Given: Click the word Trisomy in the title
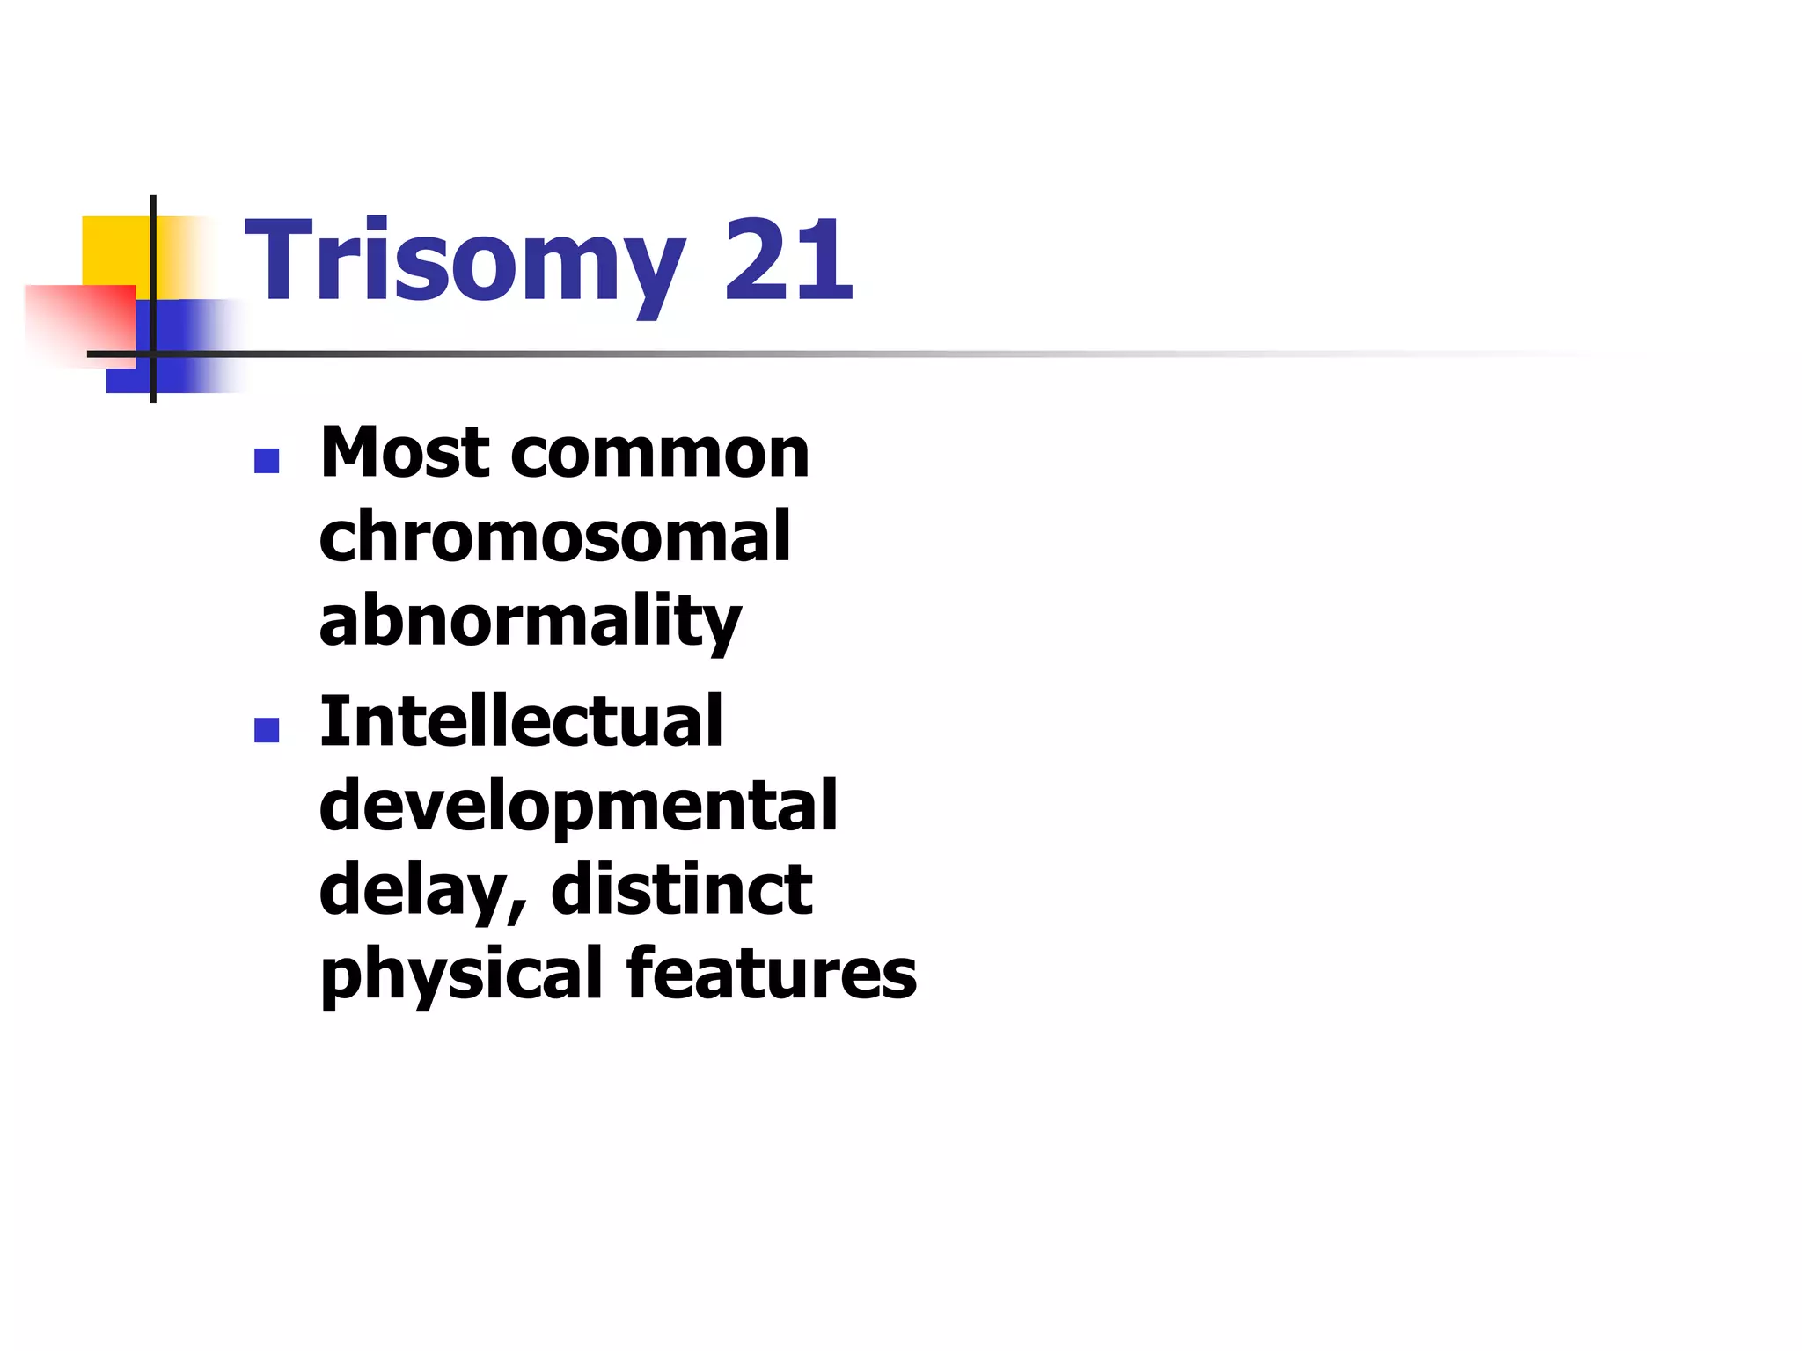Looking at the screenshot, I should click(464, 261).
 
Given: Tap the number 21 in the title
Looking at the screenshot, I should click(787, 259).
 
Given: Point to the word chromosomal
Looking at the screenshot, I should click(554, 536).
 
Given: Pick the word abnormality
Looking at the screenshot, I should click(530, 621).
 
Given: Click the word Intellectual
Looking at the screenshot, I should click(521, 721).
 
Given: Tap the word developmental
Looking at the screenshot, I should click(577, 807).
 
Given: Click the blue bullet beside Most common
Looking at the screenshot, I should click(267, 461).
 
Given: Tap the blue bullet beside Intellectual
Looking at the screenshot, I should click(267, 730).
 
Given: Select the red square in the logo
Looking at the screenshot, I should click(79, 321).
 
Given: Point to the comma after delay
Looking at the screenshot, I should click(518, 910).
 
